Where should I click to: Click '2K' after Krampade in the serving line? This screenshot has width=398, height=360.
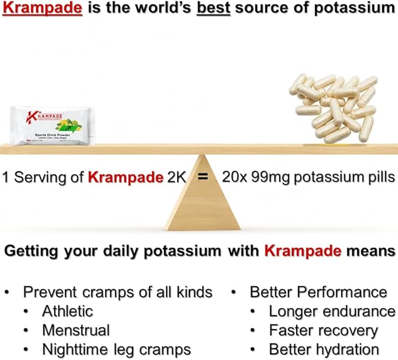tap(174, 177)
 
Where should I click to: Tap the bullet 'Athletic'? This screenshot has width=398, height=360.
tap(67, 311)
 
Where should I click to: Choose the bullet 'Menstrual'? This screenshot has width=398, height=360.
tap(76, 330)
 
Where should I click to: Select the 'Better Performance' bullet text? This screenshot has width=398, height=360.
tap(318, 292)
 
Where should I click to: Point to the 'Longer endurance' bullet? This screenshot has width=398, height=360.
tap(332, 311)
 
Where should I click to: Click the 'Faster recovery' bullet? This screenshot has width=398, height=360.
tap(323, 330)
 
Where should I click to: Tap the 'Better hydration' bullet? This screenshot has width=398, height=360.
tap(324, 349)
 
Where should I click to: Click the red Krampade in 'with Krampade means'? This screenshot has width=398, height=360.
tap(302, 252)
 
